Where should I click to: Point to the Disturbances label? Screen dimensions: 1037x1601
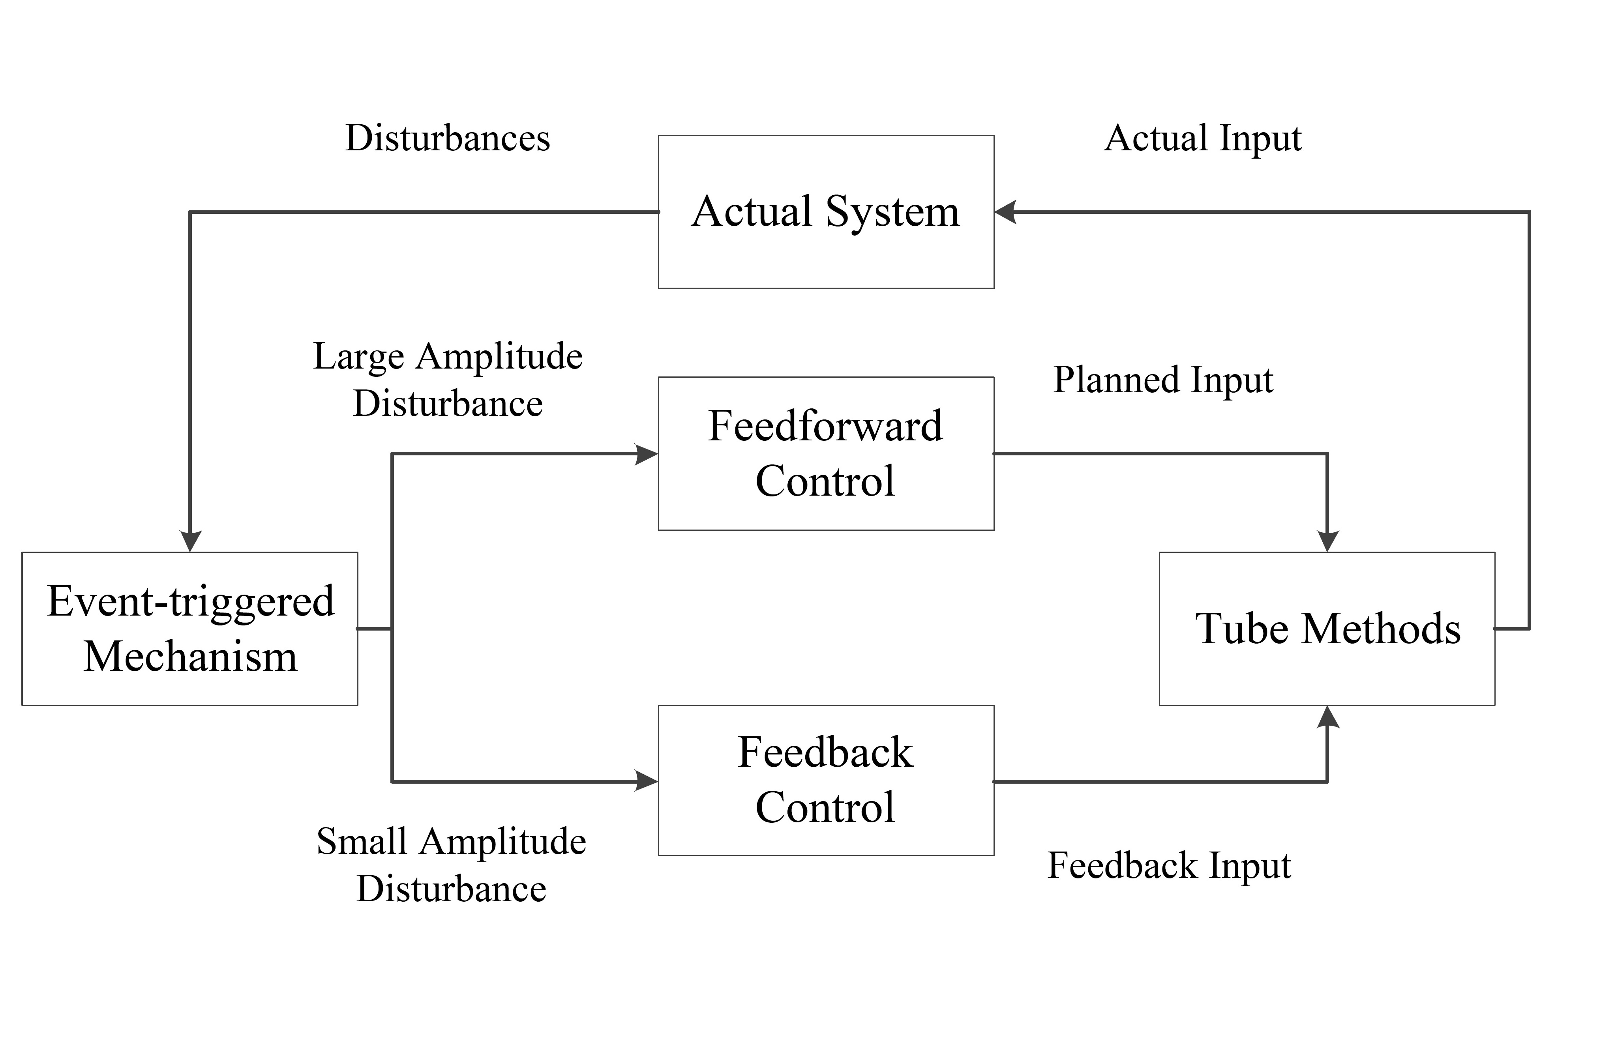pos(447,138)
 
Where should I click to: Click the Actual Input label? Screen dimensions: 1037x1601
pos(1203,138)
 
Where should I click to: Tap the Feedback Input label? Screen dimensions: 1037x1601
pos(1169,865)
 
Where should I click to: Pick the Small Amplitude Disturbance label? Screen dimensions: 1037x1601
pos(451,865)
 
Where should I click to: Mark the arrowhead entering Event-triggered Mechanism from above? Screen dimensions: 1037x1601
pos(190,541)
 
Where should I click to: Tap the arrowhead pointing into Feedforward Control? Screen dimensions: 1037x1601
pos(647,454)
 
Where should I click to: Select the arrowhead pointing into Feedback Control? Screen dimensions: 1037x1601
pos(647,781)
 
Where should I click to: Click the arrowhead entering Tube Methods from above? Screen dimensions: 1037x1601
pos(1327,541)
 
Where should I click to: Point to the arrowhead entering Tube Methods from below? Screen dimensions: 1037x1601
pos(1327,717)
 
